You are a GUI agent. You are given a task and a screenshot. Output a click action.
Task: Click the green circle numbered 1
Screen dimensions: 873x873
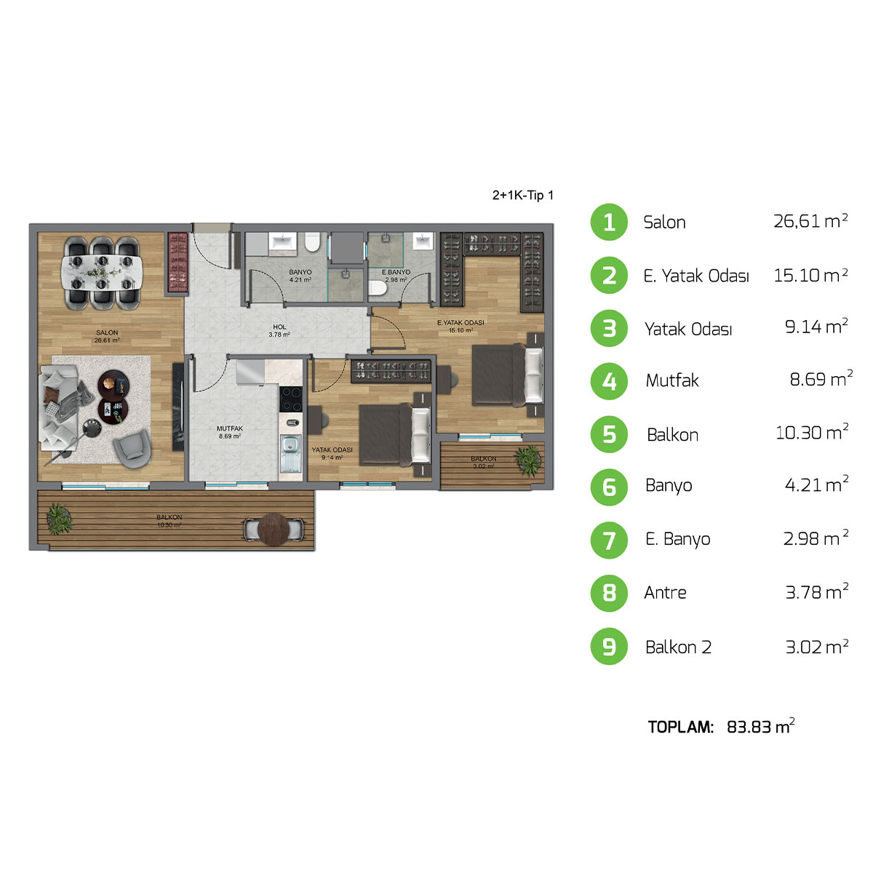[609, 222]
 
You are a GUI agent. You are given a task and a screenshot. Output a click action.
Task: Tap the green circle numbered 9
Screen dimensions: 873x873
[609, 647]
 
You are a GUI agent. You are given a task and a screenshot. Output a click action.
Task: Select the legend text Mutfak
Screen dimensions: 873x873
[672, 380]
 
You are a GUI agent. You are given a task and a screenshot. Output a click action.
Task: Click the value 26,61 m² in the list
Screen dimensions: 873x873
[810, 221]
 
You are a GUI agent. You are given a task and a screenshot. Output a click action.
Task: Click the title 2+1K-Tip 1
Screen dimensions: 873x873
[523, 195]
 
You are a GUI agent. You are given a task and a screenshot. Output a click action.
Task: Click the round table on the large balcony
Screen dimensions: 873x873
[274, 529]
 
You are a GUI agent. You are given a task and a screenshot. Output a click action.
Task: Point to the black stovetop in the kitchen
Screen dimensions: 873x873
[291, 399]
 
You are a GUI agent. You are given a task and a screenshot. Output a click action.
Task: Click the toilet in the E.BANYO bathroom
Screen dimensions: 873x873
[377, 289]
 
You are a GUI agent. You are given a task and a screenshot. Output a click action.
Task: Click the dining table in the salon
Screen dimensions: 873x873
[103, 271]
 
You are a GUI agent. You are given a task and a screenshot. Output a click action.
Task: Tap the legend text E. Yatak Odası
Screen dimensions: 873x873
[696, 276]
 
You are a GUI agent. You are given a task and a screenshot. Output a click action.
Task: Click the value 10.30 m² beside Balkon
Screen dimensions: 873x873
[812, 433]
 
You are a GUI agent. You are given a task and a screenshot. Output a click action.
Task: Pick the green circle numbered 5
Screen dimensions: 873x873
[609, 434]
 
